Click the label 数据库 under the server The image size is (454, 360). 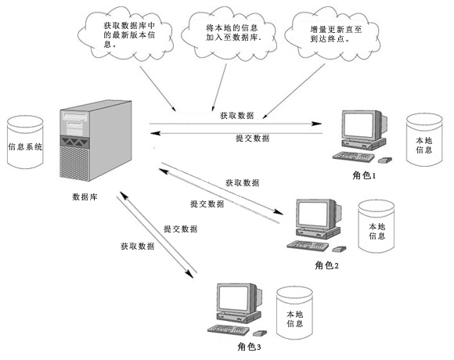(x=85, y=197)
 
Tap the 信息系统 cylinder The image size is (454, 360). (x=25, y=142)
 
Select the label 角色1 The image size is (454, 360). (x=364, y=175)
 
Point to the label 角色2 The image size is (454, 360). (x=326, y=265)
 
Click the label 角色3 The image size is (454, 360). (x=249, y=347)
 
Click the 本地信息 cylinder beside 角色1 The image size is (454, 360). (x=424, y=140)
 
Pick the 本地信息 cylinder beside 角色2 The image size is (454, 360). (x=377, y=226)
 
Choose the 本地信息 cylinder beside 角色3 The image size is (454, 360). (x=294, y=312)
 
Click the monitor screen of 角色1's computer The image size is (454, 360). (x=359, y=124)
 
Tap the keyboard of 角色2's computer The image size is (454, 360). (x=308, y=246)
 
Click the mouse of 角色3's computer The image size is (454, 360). (x=260, y=333)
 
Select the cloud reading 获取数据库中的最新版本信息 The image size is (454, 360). (x=126, y=34)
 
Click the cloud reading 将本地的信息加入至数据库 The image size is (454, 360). (x=229, y=33)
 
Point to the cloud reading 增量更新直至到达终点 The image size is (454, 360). (x=332, y=34)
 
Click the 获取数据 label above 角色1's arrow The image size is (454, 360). (x=237, y=116)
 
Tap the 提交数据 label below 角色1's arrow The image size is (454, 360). (x=253, y=138)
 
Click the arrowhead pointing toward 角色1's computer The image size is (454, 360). (x=316, y=124)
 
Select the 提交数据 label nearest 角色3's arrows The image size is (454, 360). (x=181, y=229)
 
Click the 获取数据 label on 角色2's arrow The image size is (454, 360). (x=243, y=182)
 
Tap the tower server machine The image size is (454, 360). (x=95, y=141)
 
